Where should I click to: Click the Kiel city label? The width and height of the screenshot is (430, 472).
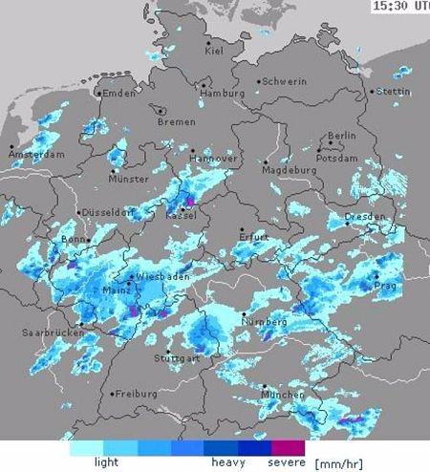(x=215, y=51)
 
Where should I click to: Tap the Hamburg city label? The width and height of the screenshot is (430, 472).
(x=223, y=93)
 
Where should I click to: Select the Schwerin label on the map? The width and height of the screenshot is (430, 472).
(x=284, y=82)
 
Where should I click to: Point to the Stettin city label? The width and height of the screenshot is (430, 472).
(x=393, y=92)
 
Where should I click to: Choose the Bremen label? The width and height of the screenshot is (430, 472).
(x=176, y=122)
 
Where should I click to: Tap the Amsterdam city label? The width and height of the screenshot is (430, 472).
(x=37, y=154)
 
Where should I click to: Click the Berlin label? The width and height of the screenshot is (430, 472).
(x=341, y=136)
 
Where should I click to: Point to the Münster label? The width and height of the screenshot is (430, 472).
(x=128, y=179)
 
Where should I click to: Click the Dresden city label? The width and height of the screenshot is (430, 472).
(x=366, y=217)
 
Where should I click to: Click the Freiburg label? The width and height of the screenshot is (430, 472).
(x=136, y=393)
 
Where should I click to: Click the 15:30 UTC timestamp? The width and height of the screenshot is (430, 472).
(x=400, y=6)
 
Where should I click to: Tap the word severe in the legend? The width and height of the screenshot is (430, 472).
(x=288, y=462)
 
